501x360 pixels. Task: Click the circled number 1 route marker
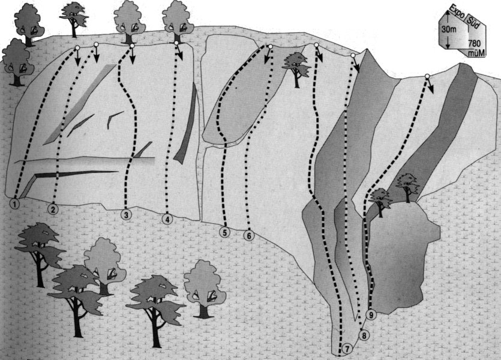click(15, 203)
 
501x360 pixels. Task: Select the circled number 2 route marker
click(53, 209)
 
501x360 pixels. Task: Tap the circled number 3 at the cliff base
click(126, 215)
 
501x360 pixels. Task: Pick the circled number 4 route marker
click(167, 219)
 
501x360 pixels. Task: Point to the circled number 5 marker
click(225, 232)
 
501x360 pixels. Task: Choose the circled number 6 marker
click(249, 236)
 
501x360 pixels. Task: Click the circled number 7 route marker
click(347, 348)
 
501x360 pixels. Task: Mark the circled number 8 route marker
click(364, 335)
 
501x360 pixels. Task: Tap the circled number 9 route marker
click(371, 314)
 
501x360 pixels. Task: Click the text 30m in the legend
click(449, 30)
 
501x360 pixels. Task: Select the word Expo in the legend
click(457, 19)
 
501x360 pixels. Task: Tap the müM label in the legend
click(476, 52)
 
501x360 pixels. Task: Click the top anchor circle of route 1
click(77, 48)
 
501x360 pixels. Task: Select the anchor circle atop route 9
click(427, 76)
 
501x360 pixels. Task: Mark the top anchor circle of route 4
click(176, 43)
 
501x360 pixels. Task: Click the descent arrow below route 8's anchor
click(356, 65)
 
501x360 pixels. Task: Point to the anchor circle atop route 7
click(316, 45)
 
